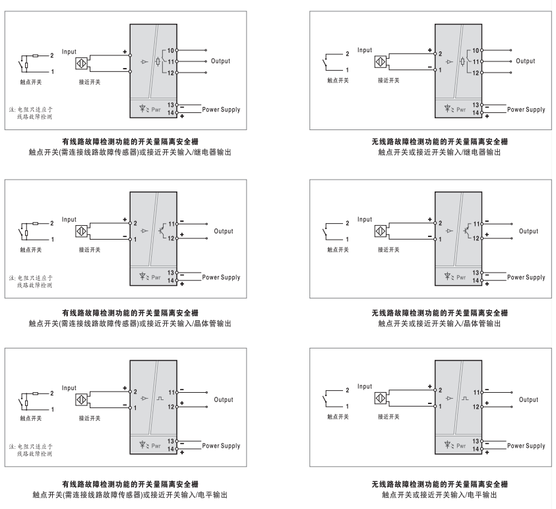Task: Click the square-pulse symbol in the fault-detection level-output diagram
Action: point(160,399)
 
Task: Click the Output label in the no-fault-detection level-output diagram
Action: point(528,399)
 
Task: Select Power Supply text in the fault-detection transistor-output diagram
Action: point(221,277)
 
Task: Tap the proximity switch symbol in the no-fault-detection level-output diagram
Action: point(381,398)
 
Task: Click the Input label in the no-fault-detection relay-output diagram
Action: point(365,50)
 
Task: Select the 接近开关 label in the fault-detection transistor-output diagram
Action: point(90,250)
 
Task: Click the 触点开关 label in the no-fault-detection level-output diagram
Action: point(338,417)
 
